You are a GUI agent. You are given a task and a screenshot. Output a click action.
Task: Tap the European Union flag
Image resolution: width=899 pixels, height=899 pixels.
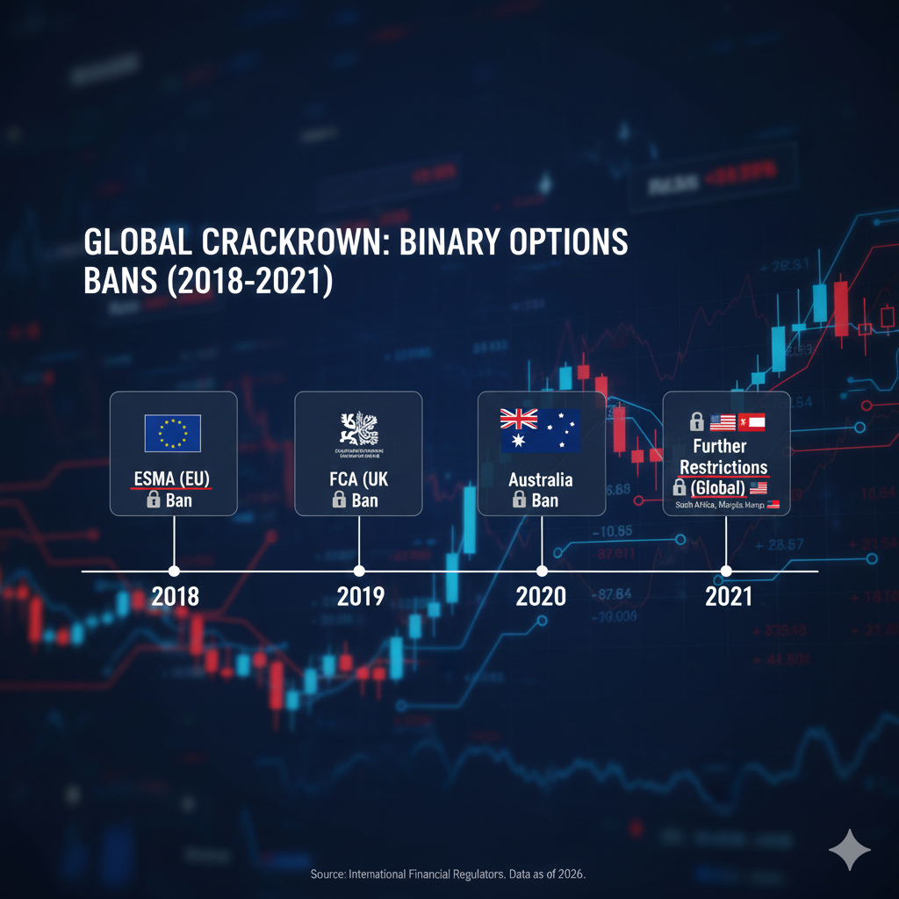[173, 433]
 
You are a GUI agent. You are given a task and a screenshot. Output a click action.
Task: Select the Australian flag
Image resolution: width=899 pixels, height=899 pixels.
[540, 430]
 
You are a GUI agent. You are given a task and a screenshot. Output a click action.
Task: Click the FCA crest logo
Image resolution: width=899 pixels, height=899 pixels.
[358, 428]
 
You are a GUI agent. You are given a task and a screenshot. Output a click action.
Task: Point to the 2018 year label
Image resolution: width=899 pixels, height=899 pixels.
[175, 597]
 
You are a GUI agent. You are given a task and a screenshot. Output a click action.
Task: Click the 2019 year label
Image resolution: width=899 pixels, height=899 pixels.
[360, 597]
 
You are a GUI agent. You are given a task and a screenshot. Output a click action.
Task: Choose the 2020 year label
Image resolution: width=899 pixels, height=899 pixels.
[541, 597]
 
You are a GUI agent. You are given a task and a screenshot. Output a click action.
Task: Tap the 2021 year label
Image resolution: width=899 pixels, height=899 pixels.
[728, 597]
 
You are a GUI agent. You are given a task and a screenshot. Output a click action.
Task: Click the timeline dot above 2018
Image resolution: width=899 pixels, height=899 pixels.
[174, 571]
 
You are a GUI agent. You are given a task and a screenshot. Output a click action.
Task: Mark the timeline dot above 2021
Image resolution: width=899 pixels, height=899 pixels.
[726, 571]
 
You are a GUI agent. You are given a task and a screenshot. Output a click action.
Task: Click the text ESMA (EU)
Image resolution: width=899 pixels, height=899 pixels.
[173, 479]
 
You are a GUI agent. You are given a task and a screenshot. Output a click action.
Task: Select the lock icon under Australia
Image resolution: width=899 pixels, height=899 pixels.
[519, 500]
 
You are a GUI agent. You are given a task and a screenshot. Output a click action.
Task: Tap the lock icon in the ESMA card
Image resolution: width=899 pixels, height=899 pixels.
[153, 500]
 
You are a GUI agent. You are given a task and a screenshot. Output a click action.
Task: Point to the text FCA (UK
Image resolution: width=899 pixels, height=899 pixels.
[358, 479]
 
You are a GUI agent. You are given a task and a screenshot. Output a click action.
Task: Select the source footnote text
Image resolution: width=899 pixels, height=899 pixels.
[449, 875]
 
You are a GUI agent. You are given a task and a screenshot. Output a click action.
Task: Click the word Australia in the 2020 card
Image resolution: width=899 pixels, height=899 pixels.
[541, 479]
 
